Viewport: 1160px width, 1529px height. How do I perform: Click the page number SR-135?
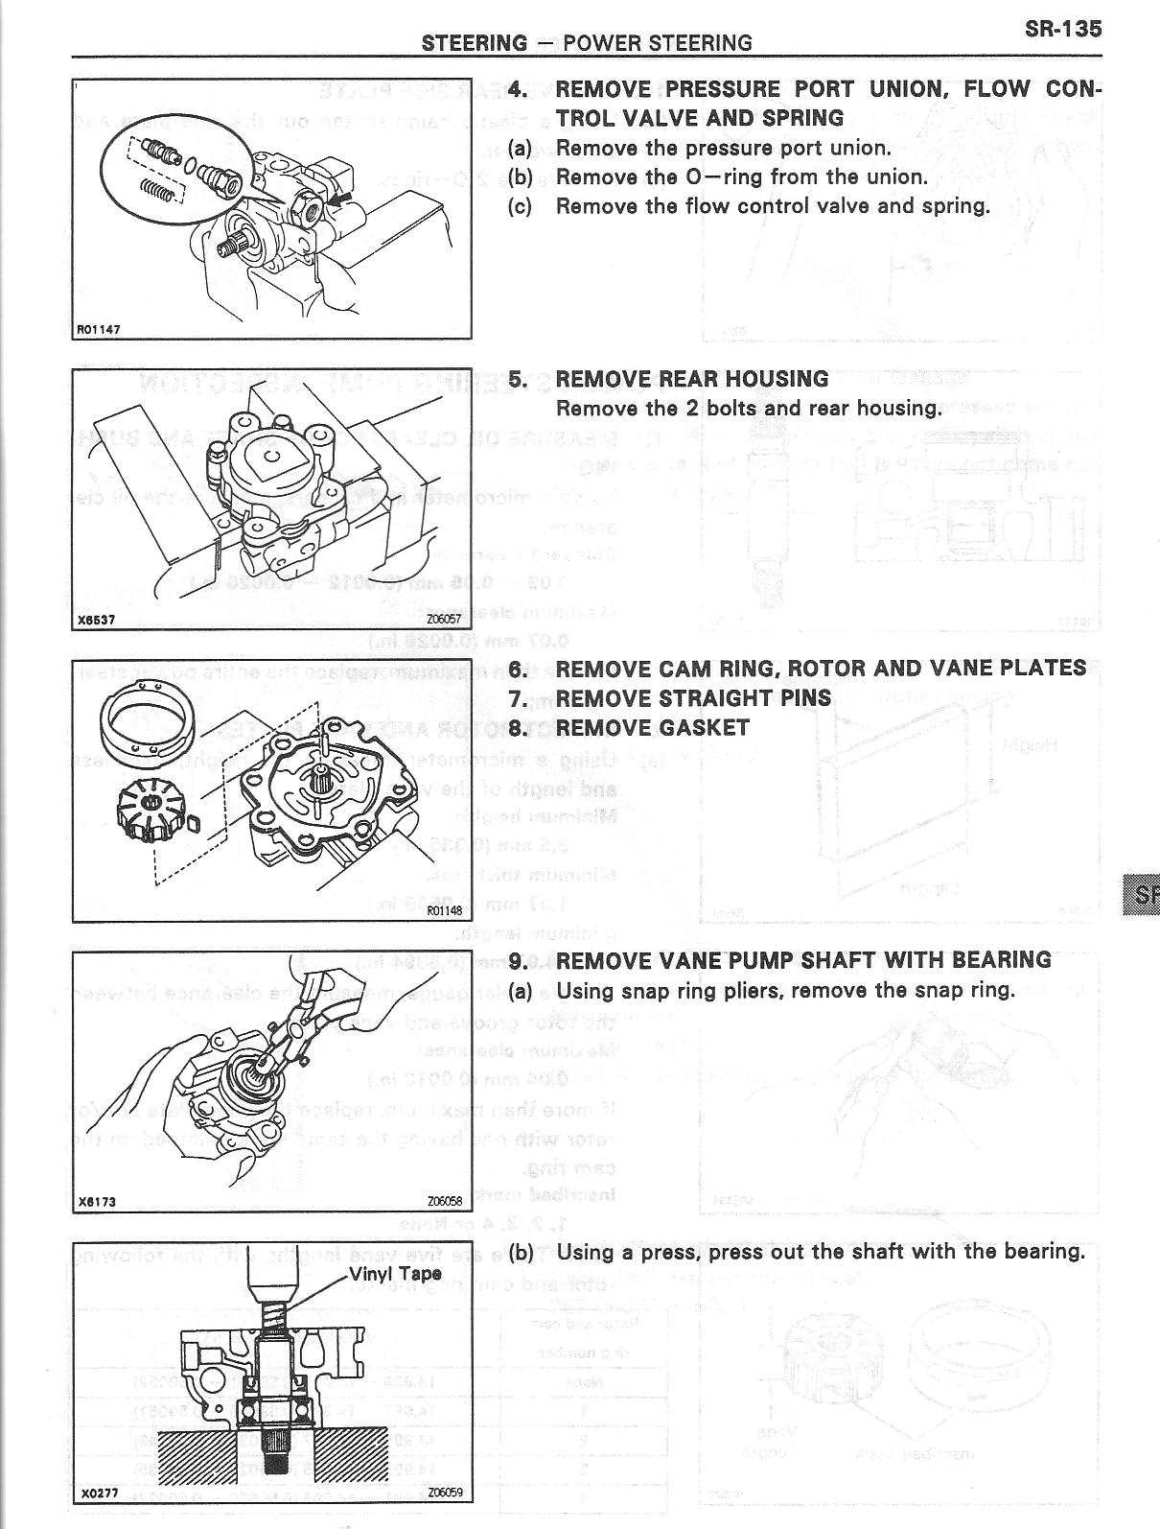1062,29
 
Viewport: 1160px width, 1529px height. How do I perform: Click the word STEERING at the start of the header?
474,43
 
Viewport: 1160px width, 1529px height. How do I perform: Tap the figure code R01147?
98,329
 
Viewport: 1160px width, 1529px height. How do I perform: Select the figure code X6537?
96,619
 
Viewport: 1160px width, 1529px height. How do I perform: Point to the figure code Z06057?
443,620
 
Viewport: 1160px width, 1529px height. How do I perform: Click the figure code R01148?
445,912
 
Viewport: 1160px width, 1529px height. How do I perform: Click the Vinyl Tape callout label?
394,1274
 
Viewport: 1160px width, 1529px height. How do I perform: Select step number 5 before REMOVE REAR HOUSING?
519,379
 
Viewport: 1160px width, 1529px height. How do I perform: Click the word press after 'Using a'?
658,1252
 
